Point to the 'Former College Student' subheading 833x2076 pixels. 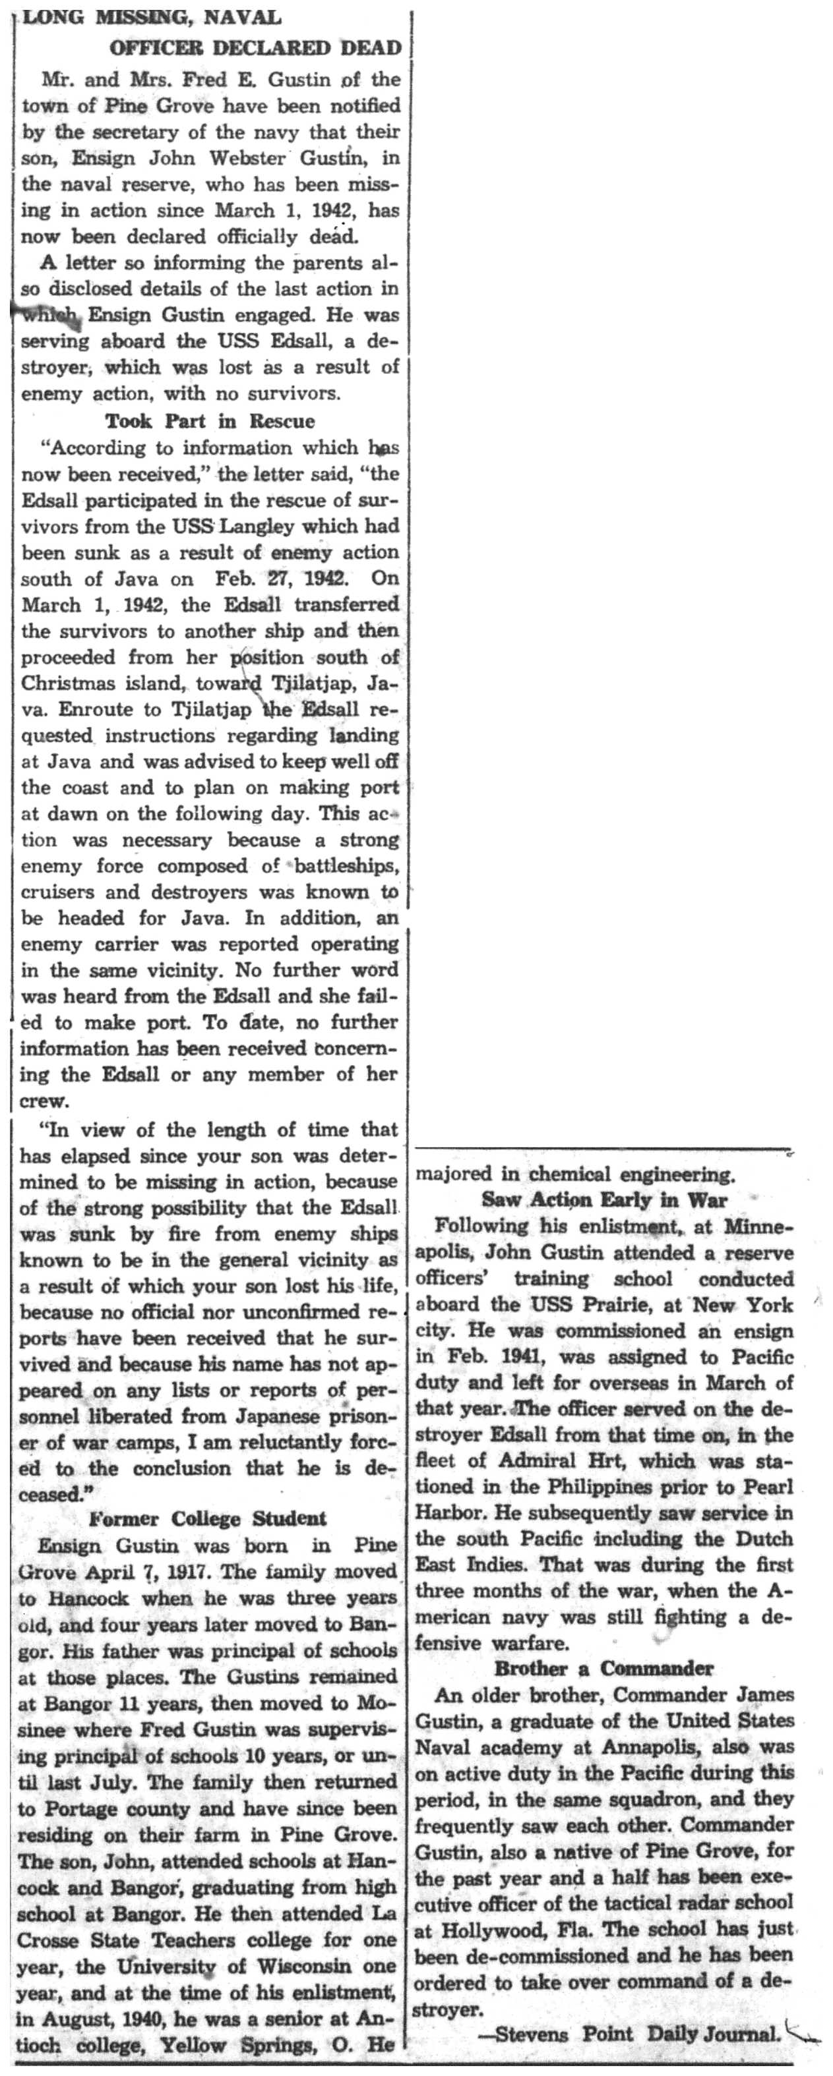(207, 1518)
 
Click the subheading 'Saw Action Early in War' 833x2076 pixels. (604, 1199)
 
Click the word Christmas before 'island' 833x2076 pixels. (72, 683)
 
